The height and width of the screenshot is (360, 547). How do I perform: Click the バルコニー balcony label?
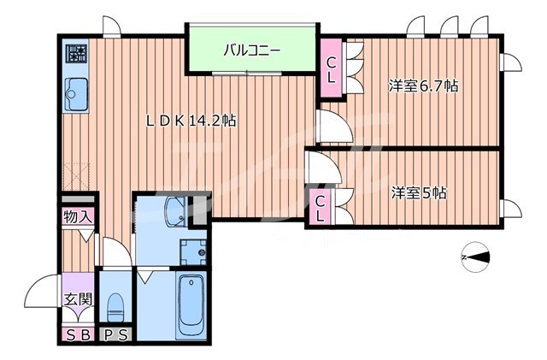coord(252,50)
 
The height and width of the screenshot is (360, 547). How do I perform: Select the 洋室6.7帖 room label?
coord(423,86)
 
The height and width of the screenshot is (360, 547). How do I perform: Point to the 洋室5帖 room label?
coord(419,192)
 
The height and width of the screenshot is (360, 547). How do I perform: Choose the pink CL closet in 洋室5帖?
coord(319,207)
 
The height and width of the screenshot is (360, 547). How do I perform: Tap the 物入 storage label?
coord(79,218)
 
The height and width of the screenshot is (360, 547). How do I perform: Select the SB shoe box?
coord(77,334)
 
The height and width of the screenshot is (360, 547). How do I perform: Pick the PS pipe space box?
coord(115,334)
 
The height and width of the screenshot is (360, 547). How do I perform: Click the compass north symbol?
coord(475,257)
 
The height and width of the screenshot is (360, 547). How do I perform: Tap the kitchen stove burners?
coord(77,56)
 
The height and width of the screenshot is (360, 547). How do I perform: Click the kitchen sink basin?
coord(76,91)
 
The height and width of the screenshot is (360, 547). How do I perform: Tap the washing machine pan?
coord(193,251)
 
